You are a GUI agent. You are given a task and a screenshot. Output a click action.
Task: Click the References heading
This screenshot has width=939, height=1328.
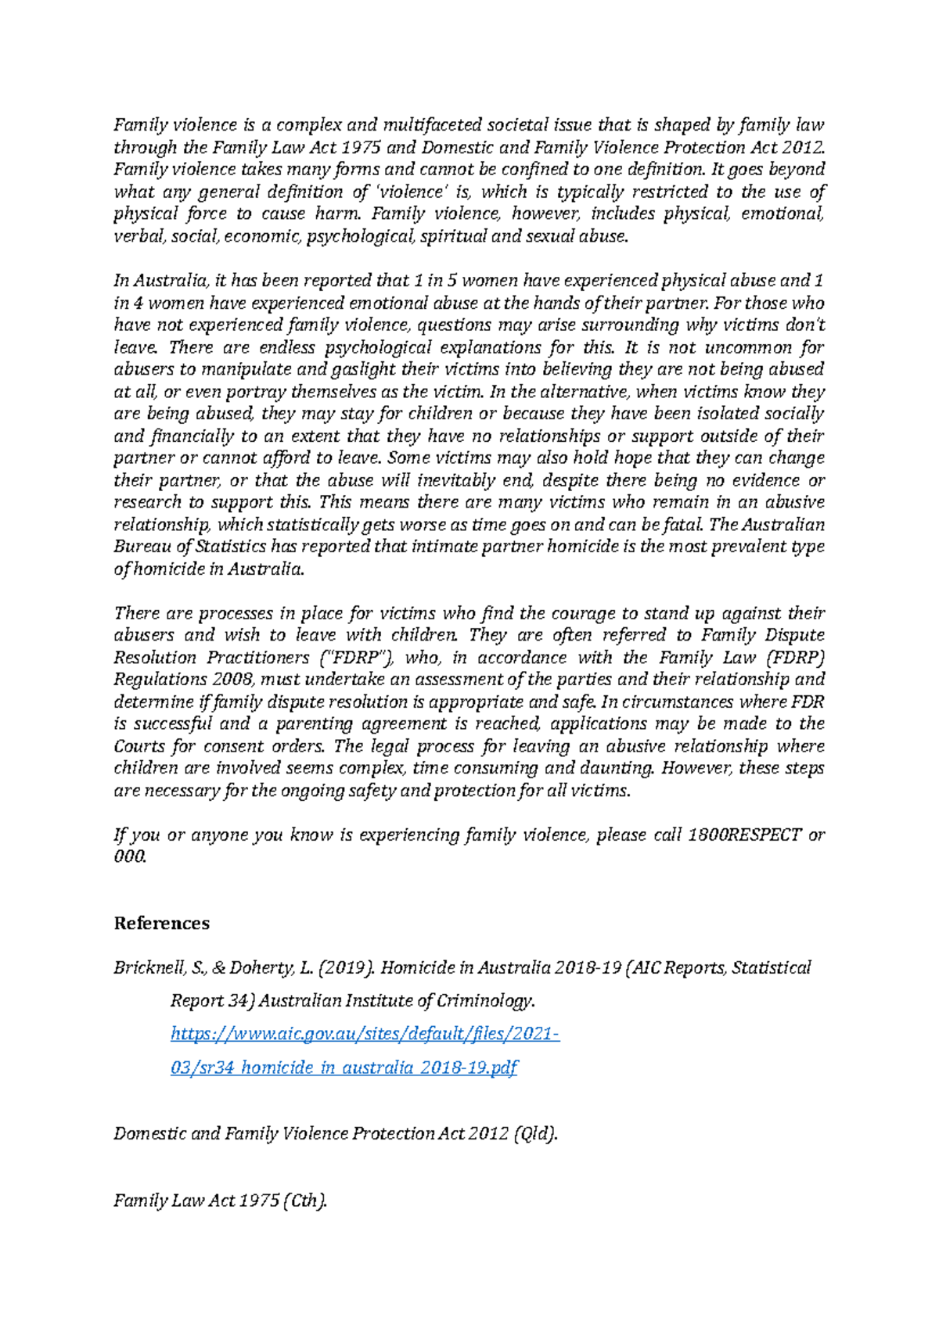(x=161, y=924)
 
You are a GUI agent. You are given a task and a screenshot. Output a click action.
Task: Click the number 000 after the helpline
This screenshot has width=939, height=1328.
(x=129, y=857)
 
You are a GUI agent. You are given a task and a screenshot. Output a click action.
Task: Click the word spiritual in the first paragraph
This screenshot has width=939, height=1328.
(x=453, y=236)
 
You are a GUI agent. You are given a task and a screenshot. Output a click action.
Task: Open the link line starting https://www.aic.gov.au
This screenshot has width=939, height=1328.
(x=365, y=1035)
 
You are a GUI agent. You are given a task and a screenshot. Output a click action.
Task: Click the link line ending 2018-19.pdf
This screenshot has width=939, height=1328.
(x=344, y=1068)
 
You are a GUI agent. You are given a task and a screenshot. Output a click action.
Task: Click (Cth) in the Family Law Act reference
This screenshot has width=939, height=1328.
(x=305, y=1201)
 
